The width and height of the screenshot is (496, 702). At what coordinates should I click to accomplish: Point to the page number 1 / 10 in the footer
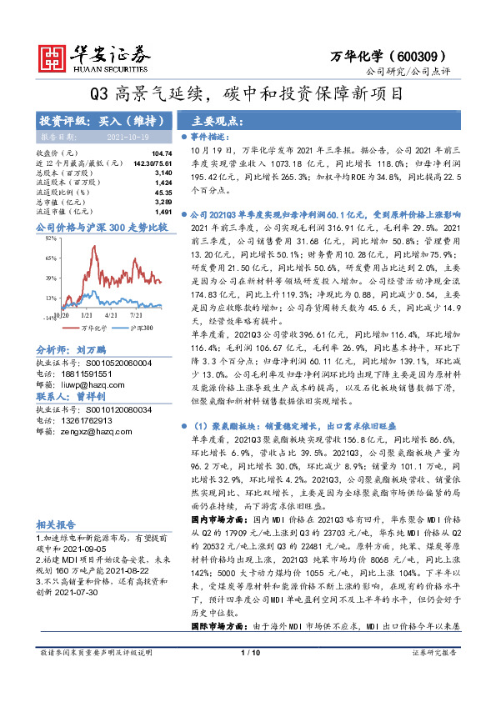tap(248, 687)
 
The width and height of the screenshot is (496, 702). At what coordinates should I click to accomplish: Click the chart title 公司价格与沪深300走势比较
tap(102, 226)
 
